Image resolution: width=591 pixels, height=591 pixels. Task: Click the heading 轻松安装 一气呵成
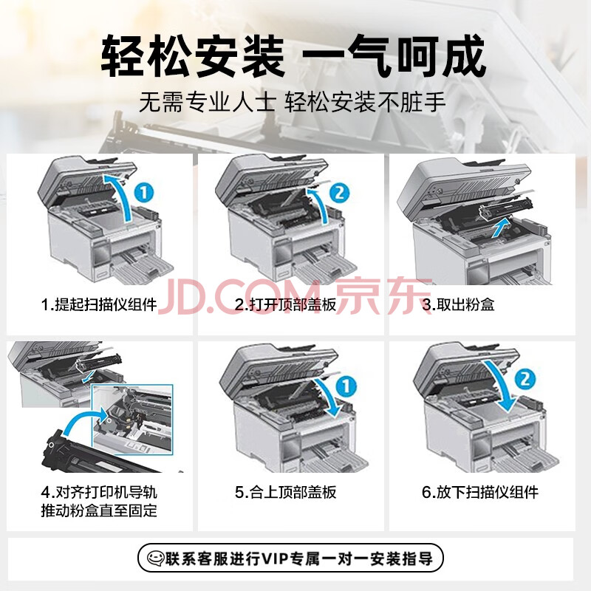click(293, 56)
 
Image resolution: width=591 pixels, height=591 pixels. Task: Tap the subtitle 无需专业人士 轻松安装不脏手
click(293, 102)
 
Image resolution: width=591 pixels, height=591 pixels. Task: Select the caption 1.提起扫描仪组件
click(99, 304)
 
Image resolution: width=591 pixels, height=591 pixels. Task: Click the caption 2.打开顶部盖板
click(285, 304)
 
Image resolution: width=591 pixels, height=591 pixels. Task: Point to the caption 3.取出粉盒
click(458, 304)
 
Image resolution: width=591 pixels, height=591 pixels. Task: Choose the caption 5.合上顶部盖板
click(285, 492)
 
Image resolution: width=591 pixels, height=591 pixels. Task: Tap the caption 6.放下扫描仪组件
click(479, 492)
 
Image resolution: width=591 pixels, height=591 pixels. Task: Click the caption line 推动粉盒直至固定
click(99, 510)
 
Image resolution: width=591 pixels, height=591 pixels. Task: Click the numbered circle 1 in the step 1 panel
click(144, 193)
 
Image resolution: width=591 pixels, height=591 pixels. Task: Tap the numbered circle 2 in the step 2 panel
click(339, 193)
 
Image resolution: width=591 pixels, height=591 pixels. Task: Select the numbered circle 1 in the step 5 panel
click(346, 386)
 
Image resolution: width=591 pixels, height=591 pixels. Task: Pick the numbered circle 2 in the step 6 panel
click(525, 379)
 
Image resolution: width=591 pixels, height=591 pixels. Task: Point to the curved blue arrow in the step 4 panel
click(81, 419)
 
